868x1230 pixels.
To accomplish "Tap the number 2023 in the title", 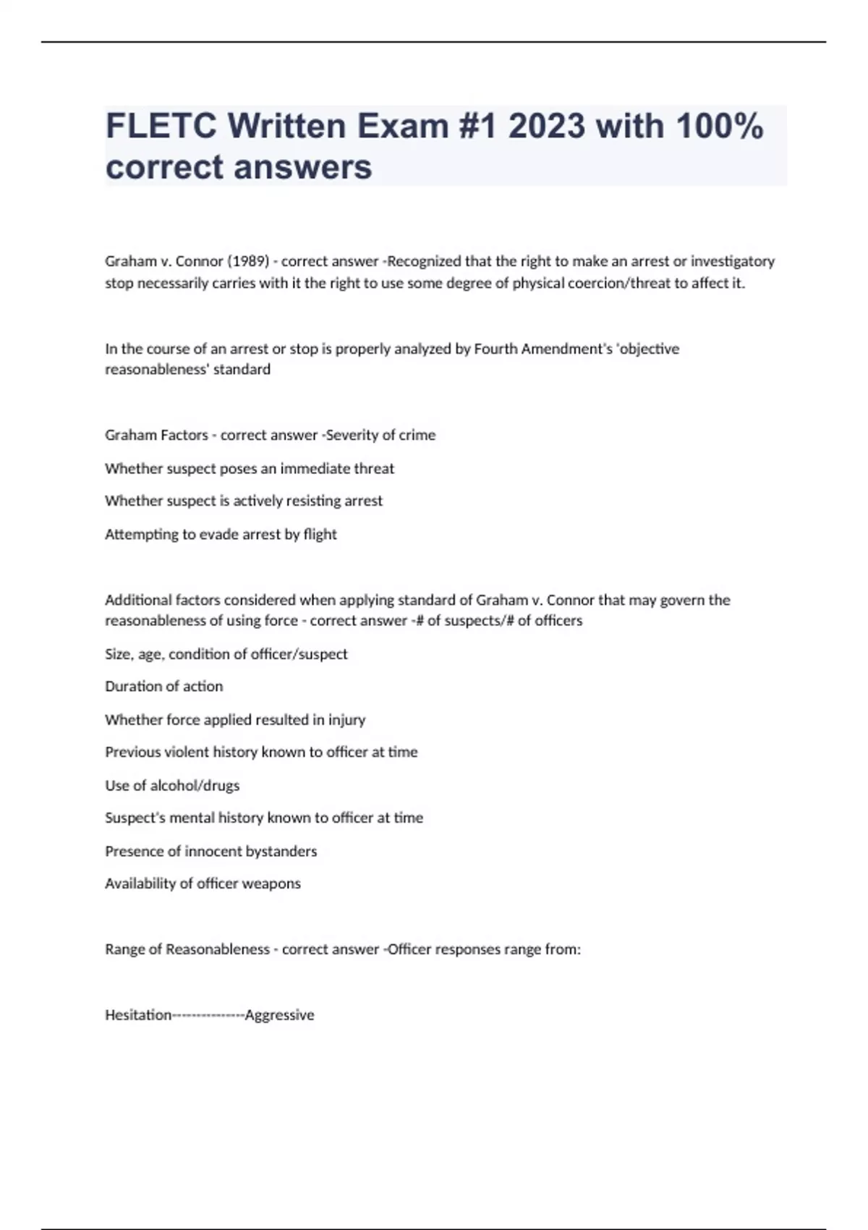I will [x=546, y=127].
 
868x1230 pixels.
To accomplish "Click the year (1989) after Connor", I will [x=248, y=261].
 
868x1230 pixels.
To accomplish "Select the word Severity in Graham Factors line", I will [x=353, y=435].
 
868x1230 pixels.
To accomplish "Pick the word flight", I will [x=320, y=534].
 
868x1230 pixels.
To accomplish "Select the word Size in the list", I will [x=118, y=654].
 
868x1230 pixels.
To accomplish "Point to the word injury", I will [x=346, y=720].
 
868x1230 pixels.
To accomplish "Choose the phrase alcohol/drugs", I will [x=195, y=785].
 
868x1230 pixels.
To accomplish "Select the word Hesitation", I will [x=138, y=1015].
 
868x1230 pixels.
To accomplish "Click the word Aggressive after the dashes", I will [x=279, y=1015].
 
